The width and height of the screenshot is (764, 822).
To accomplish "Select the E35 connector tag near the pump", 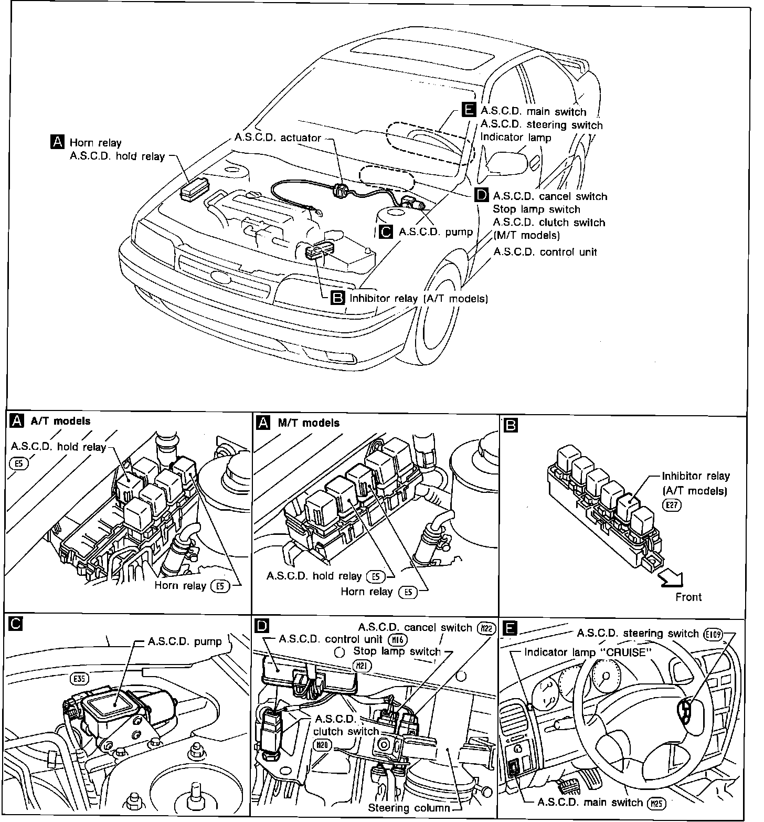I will (x=79, y=679).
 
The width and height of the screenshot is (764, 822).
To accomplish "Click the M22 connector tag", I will (x=487, y=628).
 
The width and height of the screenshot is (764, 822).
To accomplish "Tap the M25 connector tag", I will (x=656, y=803).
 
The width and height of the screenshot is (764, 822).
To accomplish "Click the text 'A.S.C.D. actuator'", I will (x=278, y=138).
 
